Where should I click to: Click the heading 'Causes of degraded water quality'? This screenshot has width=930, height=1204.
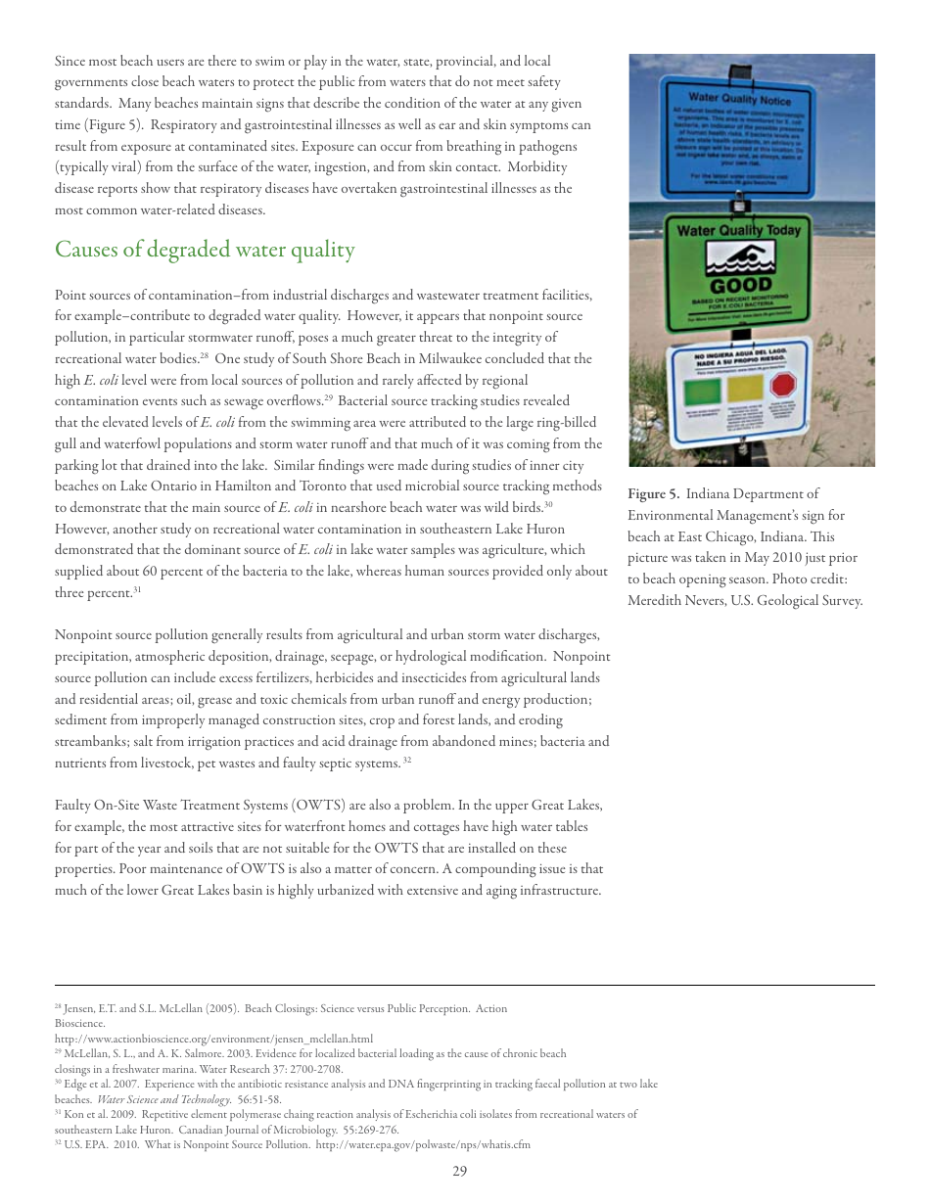tap(205, 250)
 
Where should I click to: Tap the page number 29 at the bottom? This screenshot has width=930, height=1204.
tap(460, 1171)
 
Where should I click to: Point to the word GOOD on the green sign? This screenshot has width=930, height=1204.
tap(740, 286)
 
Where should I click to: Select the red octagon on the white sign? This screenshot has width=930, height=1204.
tap(782, 384)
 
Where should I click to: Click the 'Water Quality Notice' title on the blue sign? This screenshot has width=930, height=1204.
tap(739, 97)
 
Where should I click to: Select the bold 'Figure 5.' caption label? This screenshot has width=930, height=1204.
tap(653, 493)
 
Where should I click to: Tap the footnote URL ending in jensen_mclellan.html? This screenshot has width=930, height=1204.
tap(213, 1039)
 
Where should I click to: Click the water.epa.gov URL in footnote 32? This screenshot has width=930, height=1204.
tap(423, 1144)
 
